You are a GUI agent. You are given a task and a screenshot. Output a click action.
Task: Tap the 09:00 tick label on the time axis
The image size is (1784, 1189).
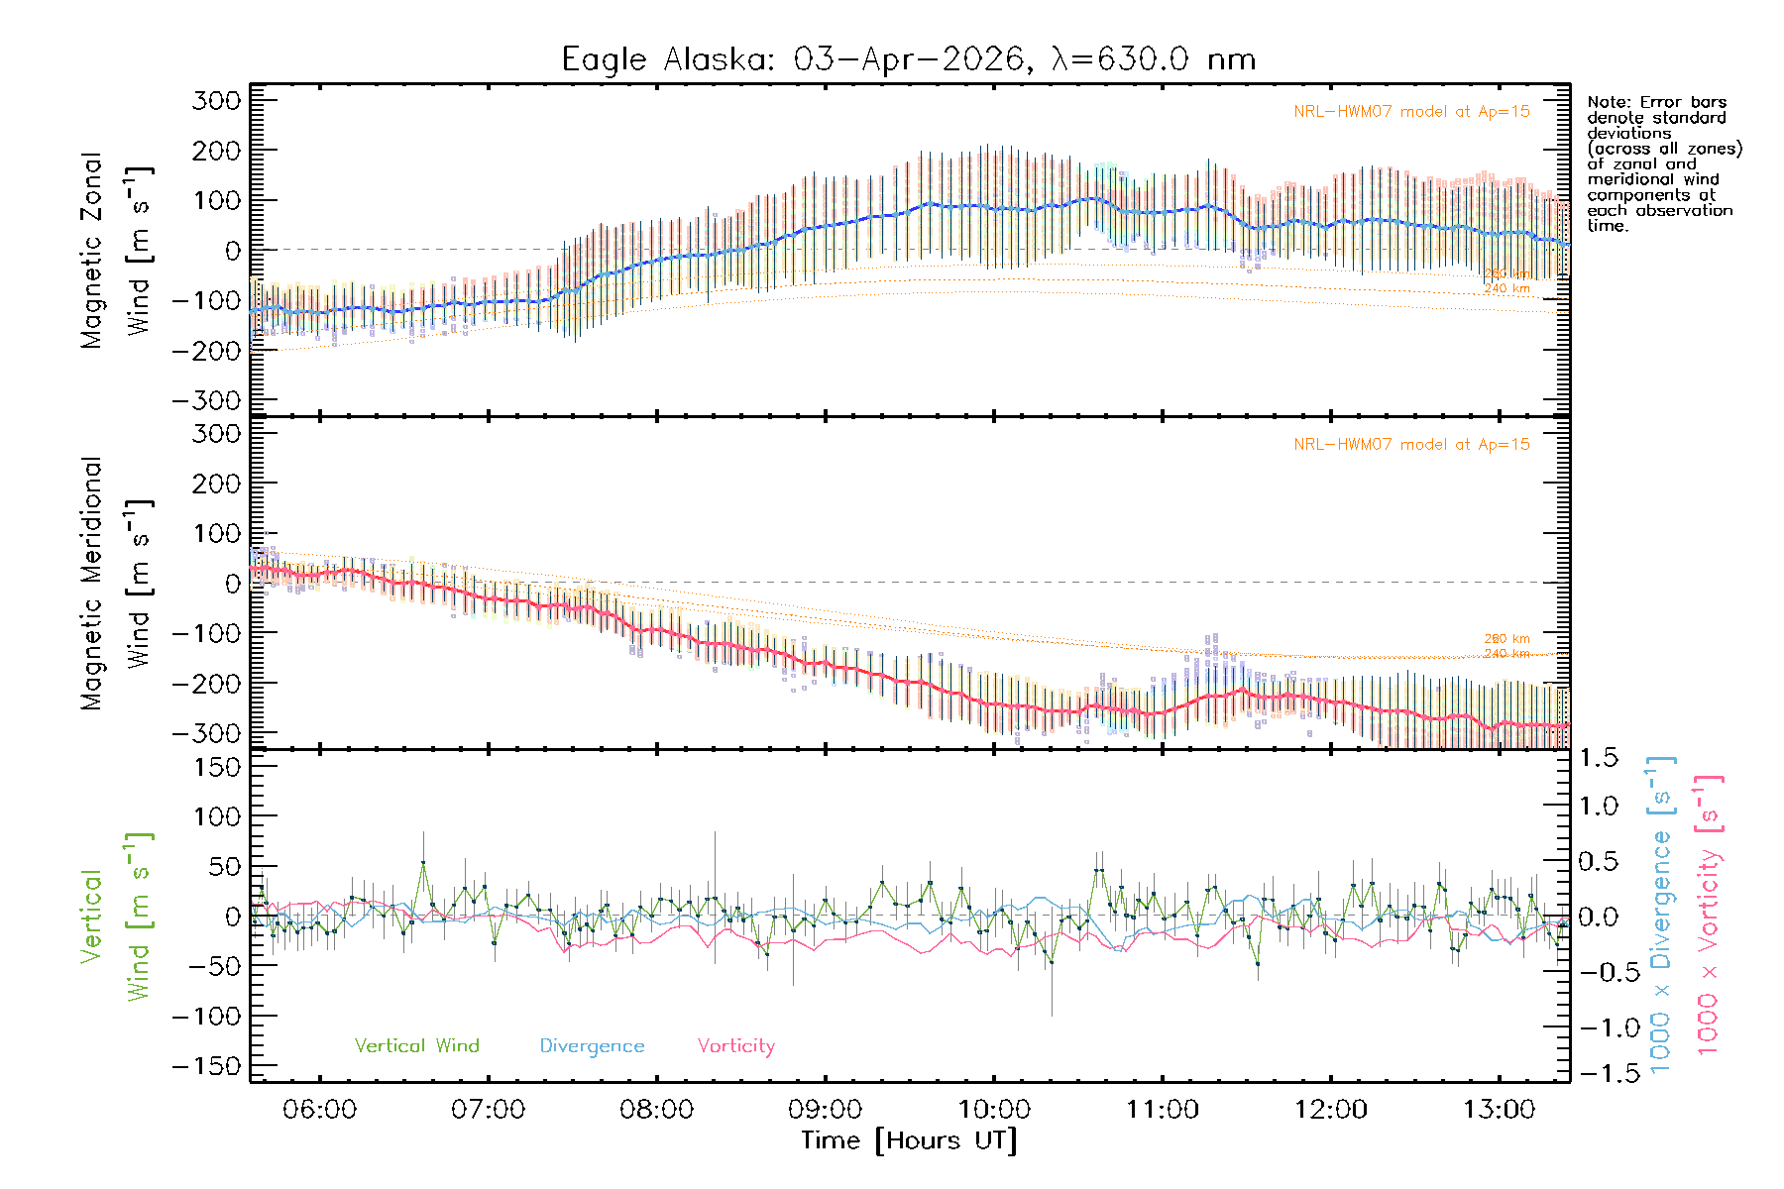(x=825, y=1109)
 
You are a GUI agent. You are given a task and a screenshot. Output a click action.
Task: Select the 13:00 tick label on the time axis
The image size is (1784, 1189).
(x=1499, y=1109)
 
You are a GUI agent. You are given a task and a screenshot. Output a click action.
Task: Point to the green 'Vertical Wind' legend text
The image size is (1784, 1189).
(x=416, y=1045)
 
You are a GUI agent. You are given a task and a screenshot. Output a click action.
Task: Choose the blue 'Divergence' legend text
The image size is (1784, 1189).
(x=592, y=1045)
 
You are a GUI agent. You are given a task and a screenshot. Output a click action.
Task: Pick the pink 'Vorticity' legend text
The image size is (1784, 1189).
(x=735, y=1045)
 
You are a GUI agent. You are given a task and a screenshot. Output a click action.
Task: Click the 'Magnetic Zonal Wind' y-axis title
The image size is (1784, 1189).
(x=117, y=251)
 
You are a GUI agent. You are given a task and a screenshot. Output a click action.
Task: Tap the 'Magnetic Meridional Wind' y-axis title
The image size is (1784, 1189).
(x=117, y=584)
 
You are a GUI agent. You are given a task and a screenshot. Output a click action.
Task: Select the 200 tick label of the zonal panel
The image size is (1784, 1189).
(x=217, y=151)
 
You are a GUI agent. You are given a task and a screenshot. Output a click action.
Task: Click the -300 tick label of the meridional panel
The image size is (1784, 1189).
(x=206, y=733)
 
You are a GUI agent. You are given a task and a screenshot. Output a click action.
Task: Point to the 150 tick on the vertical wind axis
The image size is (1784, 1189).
(x=217, y=767)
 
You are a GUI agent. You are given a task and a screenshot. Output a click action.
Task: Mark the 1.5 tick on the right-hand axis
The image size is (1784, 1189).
(x=1599, y=758)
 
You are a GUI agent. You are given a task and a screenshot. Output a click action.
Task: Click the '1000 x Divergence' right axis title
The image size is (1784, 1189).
(x=1661, y=915)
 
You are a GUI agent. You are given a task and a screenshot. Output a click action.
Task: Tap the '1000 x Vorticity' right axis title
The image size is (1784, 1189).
(x=1708, y=915)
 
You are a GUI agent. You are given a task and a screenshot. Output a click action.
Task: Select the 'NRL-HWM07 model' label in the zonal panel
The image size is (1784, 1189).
(x=1411, y=112)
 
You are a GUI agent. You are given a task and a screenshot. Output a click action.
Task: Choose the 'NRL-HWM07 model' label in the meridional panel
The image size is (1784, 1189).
(x=1411, y=445)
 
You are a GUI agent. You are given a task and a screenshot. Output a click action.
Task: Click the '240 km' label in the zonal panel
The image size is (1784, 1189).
(x=1506, y=288)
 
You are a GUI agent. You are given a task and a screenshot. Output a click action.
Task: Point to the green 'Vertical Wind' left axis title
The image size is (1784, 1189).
(x=117, y=917)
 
